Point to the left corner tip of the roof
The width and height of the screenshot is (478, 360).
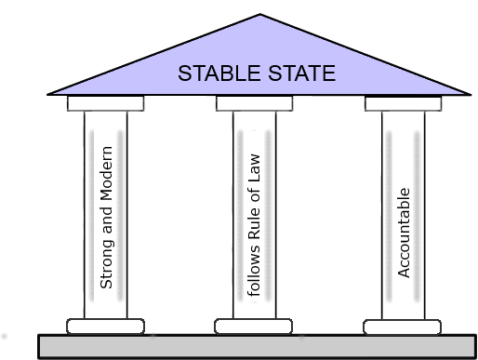tap(48, 94)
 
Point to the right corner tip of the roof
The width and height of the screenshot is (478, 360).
tap(470, 93)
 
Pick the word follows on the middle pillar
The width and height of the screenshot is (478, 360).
tap(255, 275)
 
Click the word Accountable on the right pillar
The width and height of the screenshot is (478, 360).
tap(404, 233)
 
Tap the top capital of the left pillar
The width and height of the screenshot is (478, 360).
tap(105, 103)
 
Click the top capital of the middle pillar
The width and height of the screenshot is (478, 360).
tap(254, 103)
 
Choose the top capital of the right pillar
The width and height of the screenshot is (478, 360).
tap(403, 103)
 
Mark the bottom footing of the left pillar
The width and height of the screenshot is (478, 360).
tap(106, 326)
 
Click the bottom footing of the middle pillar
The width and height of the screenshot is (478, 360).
tap(254, 326)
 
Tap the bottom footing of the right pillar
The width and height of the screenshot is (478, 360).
tap(403, 326)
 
